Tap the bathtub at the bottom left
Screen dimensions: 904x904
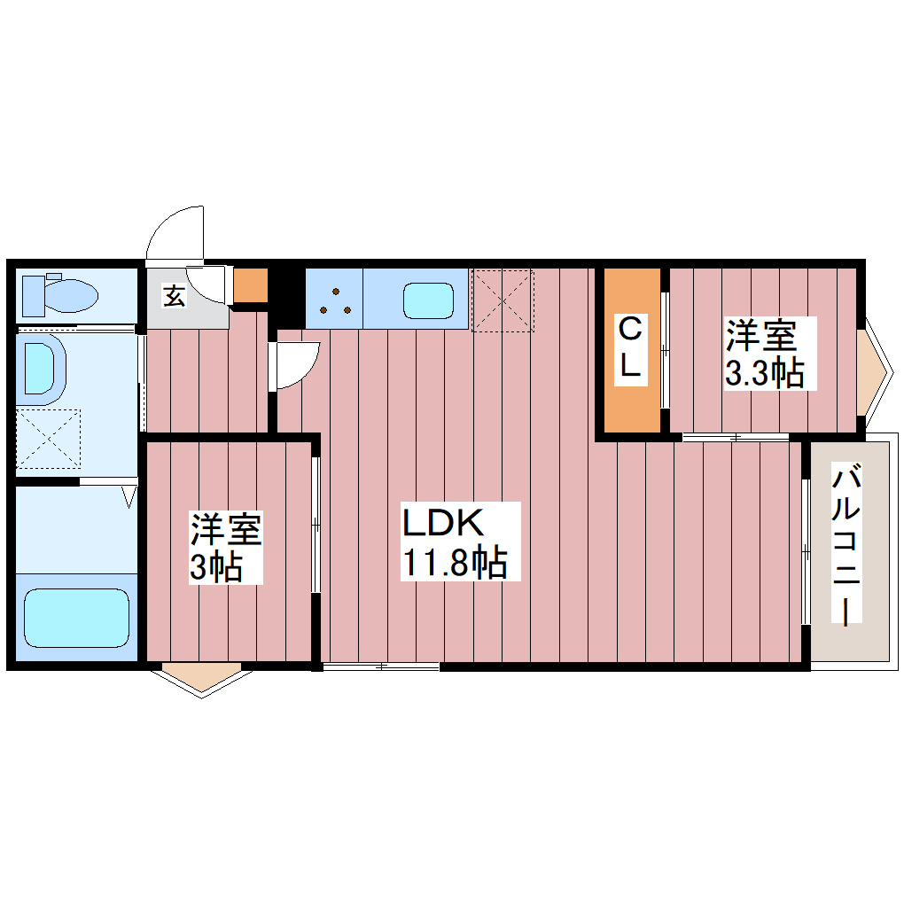pos(76,617)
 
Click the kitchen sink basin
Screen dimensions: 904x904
pos(429,300)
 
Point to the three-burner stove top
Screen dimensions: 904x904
pos(334,300)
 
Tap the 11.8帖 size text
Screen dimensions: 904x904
pos(455,563)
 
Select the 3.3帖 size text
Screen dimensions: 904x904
pos(764,375)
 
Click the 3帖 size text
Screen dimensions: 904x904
pos(215,568)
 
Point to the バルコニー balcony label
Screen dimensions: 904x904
pos(848,547)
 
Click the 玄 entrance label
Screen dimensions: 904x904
pos(174,296)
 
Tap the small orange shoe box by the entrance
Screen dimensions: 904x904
pos(250,284)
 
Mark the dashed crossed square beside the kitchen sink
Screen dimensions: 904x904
pos(503,300)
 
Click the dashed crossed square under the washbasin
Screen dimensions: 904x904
pos(49,438)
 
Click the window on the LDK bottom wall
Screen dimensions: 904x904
pos(381,666)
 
